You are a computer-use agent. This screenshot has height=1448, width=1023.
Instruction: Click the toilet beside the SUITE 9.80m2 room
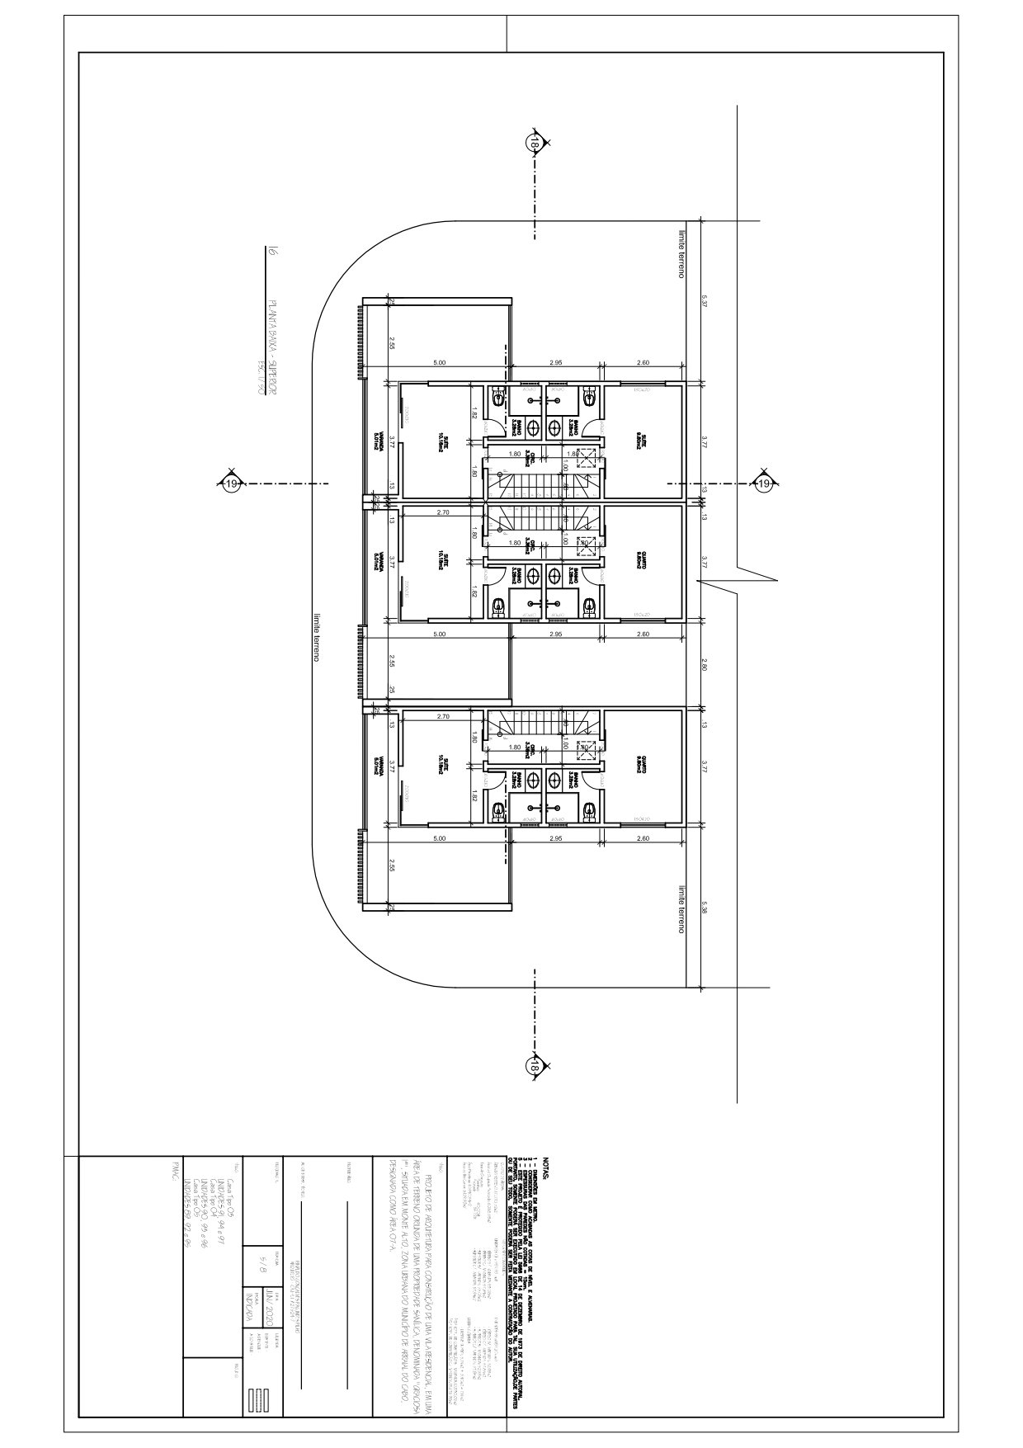tap(587, 397)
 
